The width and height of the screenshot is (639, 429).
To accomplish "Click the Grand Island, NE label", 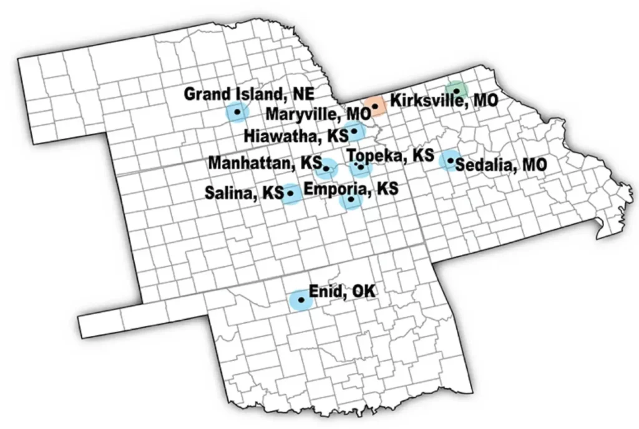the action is tap(249, 94).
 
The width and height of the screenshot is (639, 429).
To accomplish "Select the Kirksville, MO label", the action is tap(444, 100).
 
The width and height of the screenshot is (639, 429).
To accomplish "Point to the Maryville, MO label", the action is tap(318, 115).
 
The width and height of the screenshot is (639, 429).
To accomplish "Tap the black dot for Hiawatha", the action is tap(354, 131).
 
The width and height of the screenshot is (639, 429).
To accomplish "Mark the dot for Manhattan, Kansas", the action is tap(326, 168).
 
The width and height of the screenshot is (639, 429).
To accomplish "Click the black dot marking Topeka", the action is tap(360, 166).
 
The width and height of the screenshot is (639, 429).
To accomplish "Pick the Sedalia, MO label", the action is tap(501, 165).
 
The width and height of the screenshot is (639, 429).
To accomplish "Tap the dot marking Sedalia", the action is tap(450, 160).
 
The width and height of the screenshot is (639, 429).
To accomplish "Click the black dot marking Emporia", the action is tap(351, 200).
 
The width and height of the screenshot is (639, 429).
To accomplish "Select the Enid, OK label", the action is tap(343, 291).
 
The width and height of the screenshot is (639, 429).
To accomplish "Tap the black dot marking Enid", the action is tap(302, 300).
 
